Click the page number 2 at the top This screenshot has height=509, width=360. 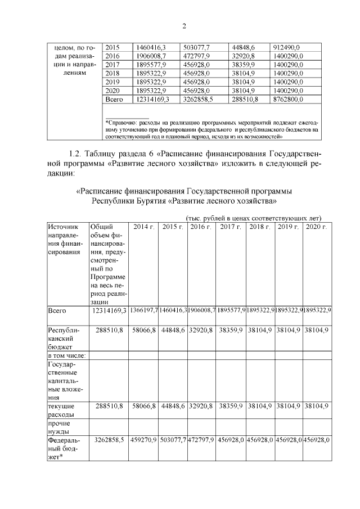183,26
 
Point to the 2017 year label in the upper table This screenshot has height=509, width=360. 112,65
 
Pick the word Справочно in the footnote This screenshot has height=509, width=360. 125,121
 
